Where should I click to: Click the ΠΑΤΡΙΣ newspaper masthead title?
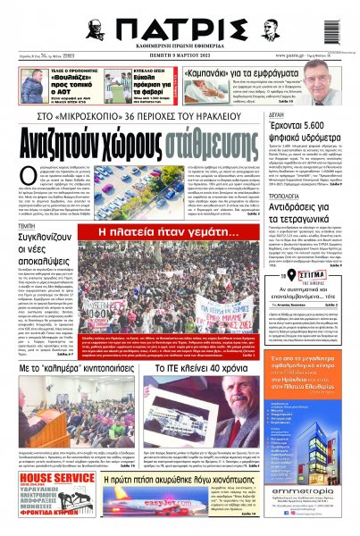tap(180, 26)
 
